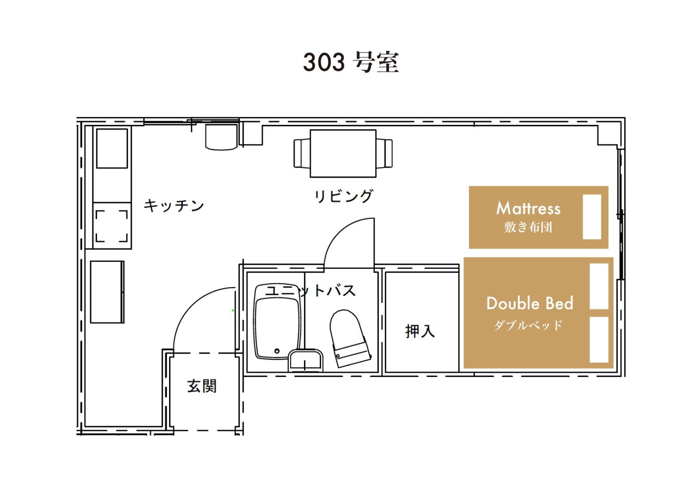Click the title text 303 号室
click(351, 62)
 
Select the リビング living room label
click(344, 196)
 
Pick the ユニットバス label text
click(310, 291)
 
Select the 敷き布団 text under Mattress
click(528, 227)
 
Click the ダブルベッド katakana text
click(528, 325)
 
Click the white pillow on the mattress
click(592, 217)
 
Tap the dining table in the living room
click(343, 154)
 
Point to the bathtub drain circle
click(277, 351)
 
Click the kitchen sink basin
click(112, 148)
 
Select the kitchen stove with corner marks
click(112, 226)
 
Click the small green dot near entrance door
click(233, 310)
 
